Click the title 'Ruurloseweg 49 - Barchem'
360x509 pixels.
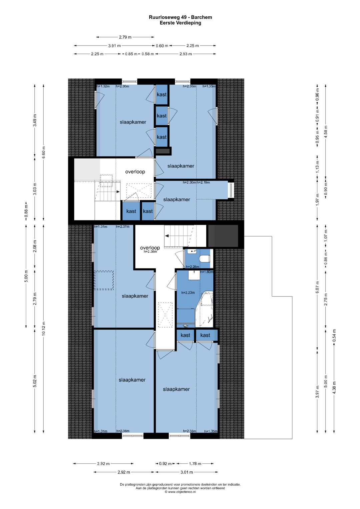[180, 17]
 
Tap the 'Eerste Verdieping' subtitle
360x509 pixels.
[180, 23]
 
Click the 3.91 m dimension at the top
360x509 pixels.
[115, 46]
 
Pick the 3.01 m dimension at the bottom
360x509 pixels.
[186, 472]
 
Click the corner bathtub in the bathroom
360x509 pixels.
[206, 309]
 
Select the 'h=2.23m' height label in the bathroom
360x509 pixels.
[188, 293]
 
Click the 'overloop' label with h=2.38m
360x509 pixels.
[150, 248]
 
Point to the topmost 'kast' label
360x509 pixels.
[162, 95]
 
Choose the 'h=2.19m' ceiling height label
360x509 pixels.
[203, 182]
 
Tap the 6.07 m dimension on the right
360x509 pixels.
[317, 287]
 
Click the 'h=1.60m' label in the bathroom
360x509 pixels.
[207, 272]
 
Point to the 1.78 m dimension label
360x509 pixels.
[195, 464]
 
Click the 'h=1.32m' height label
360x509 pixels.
[103, 86]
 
